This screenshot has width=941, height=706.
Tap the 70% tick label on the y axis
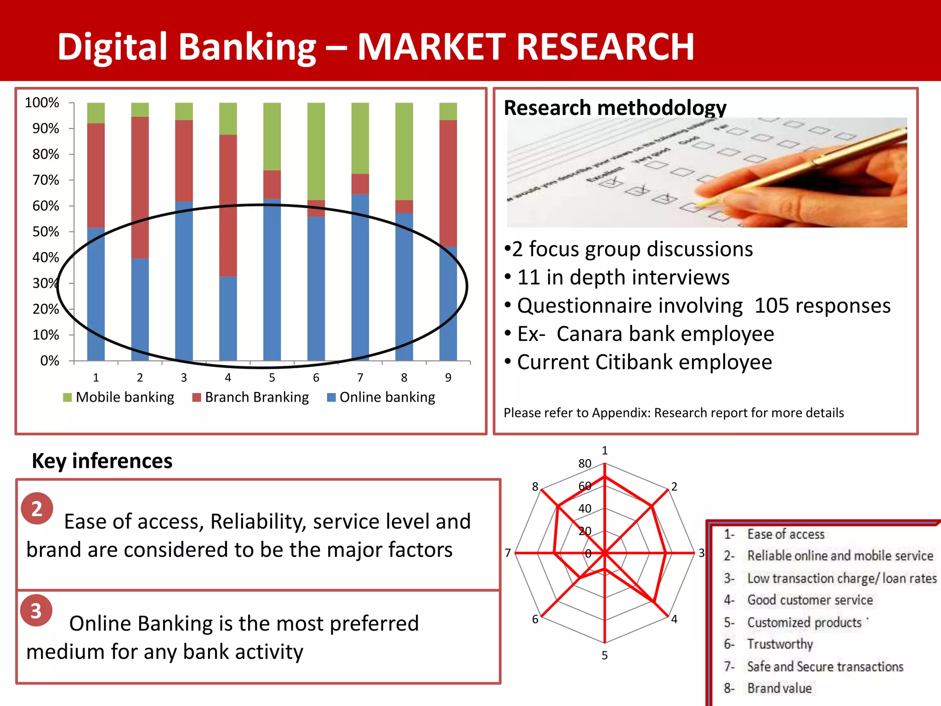click(x=45, y=180)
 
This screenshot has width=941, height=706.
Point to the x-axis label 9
click(x=448, y=377)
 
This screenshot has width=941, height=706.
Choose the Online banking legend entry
click(x=381, y=397)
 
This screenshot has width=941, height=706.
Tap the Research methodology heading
click(x=615, y=108)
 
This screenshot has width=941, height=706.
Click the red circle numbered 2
click(x=37, y=508)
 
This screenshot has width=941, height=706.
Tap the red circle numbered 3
click(x=36, y=610)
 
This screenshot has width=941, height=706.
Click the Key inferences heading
click(x=102, y=461)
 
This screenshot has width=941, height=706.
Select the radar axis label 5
click(x=605, y=655)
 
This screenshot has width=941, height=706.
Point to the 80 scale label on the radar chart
click(x=584, y=463)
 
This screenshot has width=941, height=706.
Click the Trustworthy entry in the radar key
click(x=780, y=644)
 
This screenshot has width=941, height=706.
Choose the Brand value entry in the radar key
click(x=779, y=688)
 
